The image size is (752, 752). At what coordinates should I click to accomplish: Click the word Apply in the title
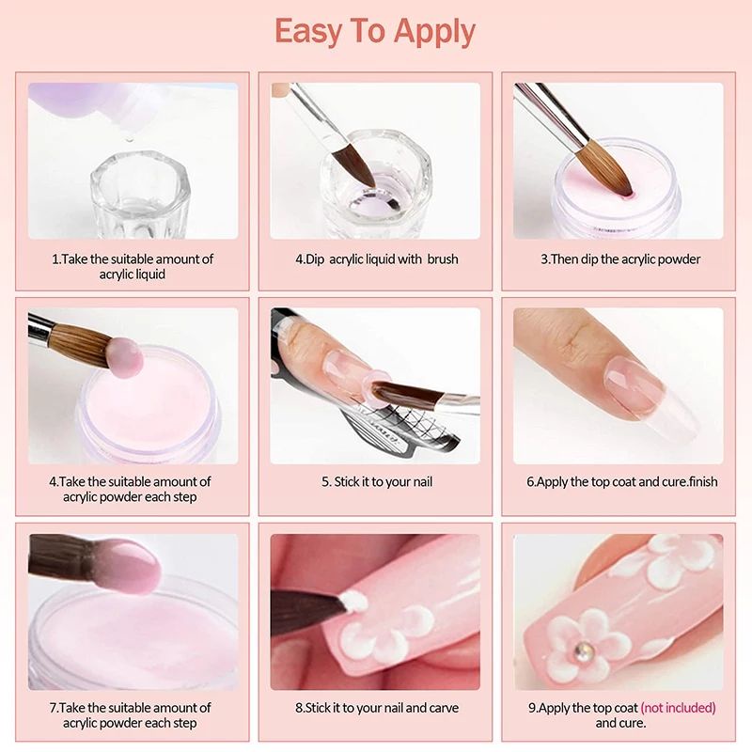click(434, 33)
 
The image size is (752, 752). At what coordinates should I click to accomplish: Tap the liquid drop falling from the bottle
click(128, 139)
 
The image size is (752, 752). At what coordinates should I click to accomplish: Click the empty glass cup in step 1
click(140, 196)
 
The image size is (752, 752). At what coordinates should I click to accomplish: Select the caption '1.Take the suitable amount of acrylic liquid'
click(133, 267)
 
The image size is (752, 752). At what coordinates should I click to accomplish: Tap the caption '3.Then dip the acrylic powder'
click(620, 259)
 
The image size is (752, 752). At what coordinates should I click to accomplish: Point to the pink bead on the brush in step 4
click(125, 356)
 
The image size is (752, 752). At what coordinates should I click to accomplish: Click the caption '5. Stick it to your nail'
click(377, 481)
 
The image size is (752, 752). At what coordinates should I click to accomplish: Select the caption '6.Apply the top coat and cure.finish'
click(622, 481)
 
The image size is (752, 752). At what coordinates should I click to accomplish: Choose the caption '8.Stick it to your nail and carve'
click(377, 708)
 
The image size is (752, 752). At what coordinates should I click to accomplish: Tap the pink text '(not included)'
click(678, 708)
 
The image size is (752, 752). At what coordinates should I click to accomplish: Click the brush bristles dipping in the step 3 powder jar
click(605, 166)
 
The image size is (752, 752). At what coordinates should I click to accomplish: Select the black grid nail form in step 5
click(403, 427)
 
